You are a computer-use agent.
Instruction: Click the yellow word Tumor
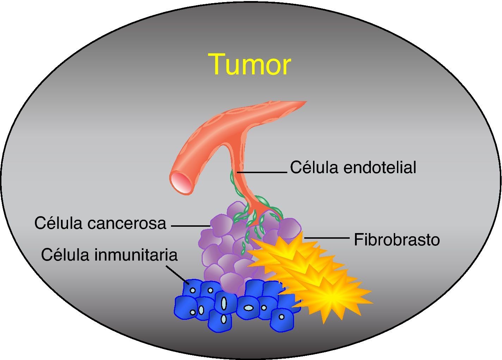(249, 64)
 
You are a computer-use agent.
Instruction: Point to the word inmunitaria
(136, 255)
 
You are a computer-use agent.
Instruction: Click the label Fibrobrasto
(397, 240)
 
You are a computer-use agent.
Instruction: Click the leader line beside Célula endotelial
(263, 172)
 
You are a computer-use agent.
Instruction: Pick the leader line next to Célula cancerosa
(190, 226)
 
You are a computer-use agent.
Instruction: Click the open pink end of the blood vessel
(182, 182)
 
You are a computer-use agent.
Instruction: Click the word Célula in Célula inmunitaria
(65, 255)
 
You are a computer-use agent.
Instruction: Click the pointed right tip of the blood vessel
(305, 102)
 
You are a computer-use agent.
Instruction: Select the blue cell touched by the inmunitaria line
(192, 289)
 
